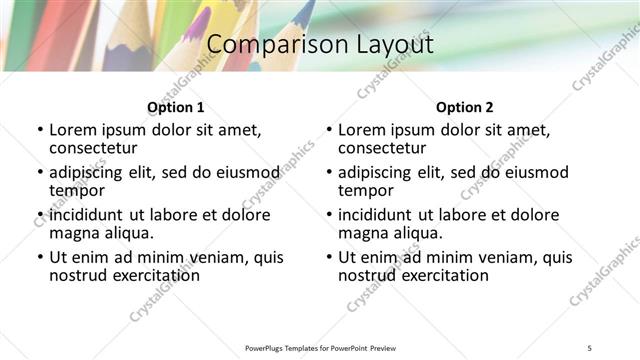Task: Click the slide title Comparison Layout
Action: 319,45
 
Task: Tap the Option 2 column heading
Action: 464,107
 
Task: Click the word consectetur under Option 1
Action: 96,148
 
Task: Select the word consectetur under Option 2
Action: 385,148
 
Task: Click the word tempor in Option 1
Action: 77,190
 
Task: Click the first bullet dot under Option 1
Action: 40,131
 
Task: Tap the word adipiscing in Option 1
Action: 91,173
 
